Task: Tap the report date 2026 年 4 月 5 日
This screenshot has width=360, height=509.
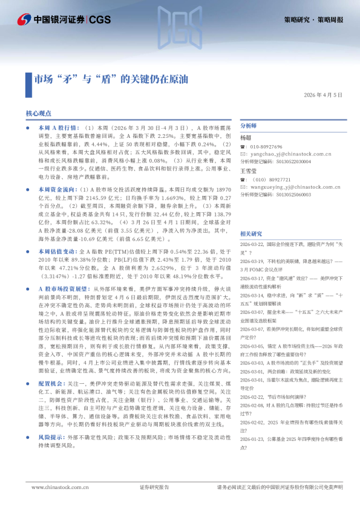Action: pyautogui.click(x=323, y=95)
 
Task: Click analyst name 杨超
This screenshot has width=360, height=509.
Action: pyautogui.click(x=246, y=137)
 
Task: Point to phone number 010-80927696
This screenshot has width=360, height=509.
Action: pyautogui.click(x=266, y=146)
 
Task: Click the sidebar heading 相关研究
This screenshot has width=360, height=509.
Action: pyautogui.click(x=251, y=233)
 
